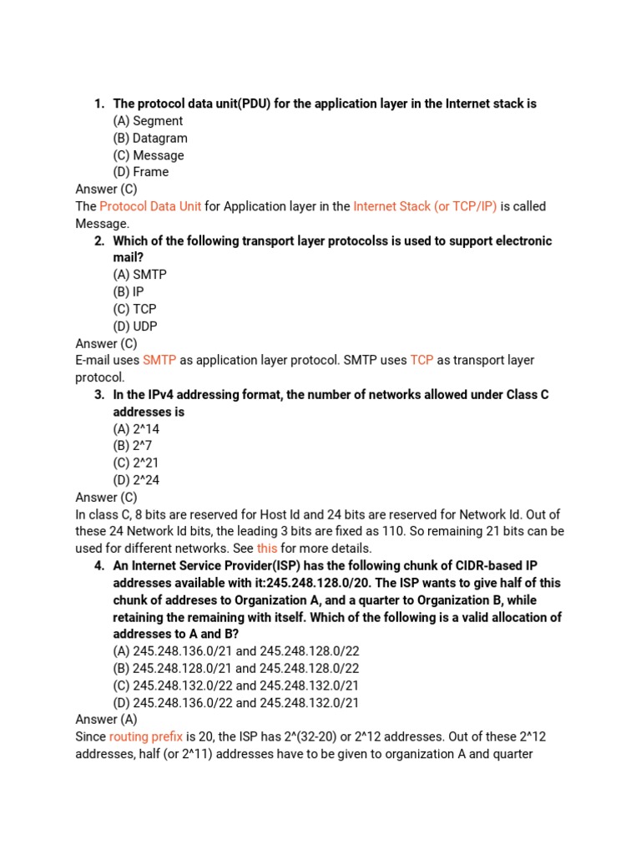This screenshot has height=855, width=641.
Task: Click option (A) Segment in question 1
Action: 148,121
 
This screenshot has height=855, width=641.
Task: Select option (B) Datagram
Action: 149,138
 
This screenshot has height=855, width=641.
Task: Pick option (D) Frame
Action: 140,172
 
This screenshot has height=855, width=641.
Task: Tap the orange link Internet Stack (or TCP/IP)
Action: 425,206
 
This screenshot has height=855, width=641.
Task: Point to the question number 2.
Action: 98,241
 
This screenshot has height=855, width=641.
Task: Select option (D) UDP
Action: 134,326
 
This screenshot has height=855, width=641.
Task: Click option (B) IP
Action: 129,292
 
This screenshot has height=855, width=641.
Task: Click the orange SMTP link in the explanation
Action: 159,360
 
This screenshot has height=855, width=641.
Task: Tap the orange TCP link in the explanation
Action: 421,360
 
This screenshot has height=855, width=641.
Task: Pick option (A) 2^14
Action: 136,429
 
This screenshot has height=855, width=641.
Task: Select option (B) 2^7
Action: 133,446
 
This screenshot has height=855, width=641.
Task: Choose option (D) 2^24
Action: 136,480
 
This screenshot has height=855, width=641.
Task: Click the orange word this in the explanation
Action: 267,549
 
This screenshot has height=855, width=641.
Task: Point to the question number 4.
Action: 98,566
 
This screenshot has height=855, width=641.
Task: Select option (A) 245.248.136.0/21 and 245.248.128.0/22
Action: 236,651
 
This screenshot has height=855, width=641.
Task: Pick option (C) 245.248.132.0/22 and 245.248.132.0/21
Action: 236,686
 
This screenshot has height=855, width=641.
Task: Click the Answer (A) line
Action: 106,720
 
